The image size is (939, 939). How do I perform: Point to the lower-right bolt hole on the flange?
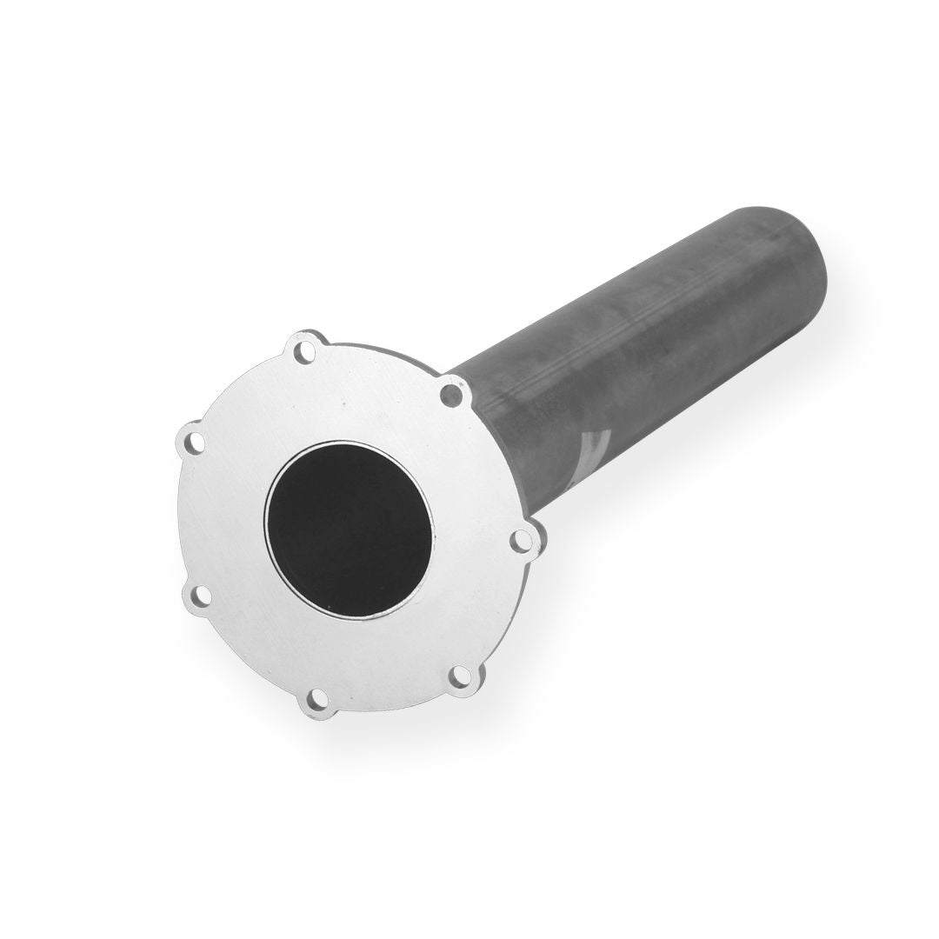coord(458,674)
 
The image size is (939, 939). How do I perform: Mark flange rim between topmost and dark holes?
coord(383,352)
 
